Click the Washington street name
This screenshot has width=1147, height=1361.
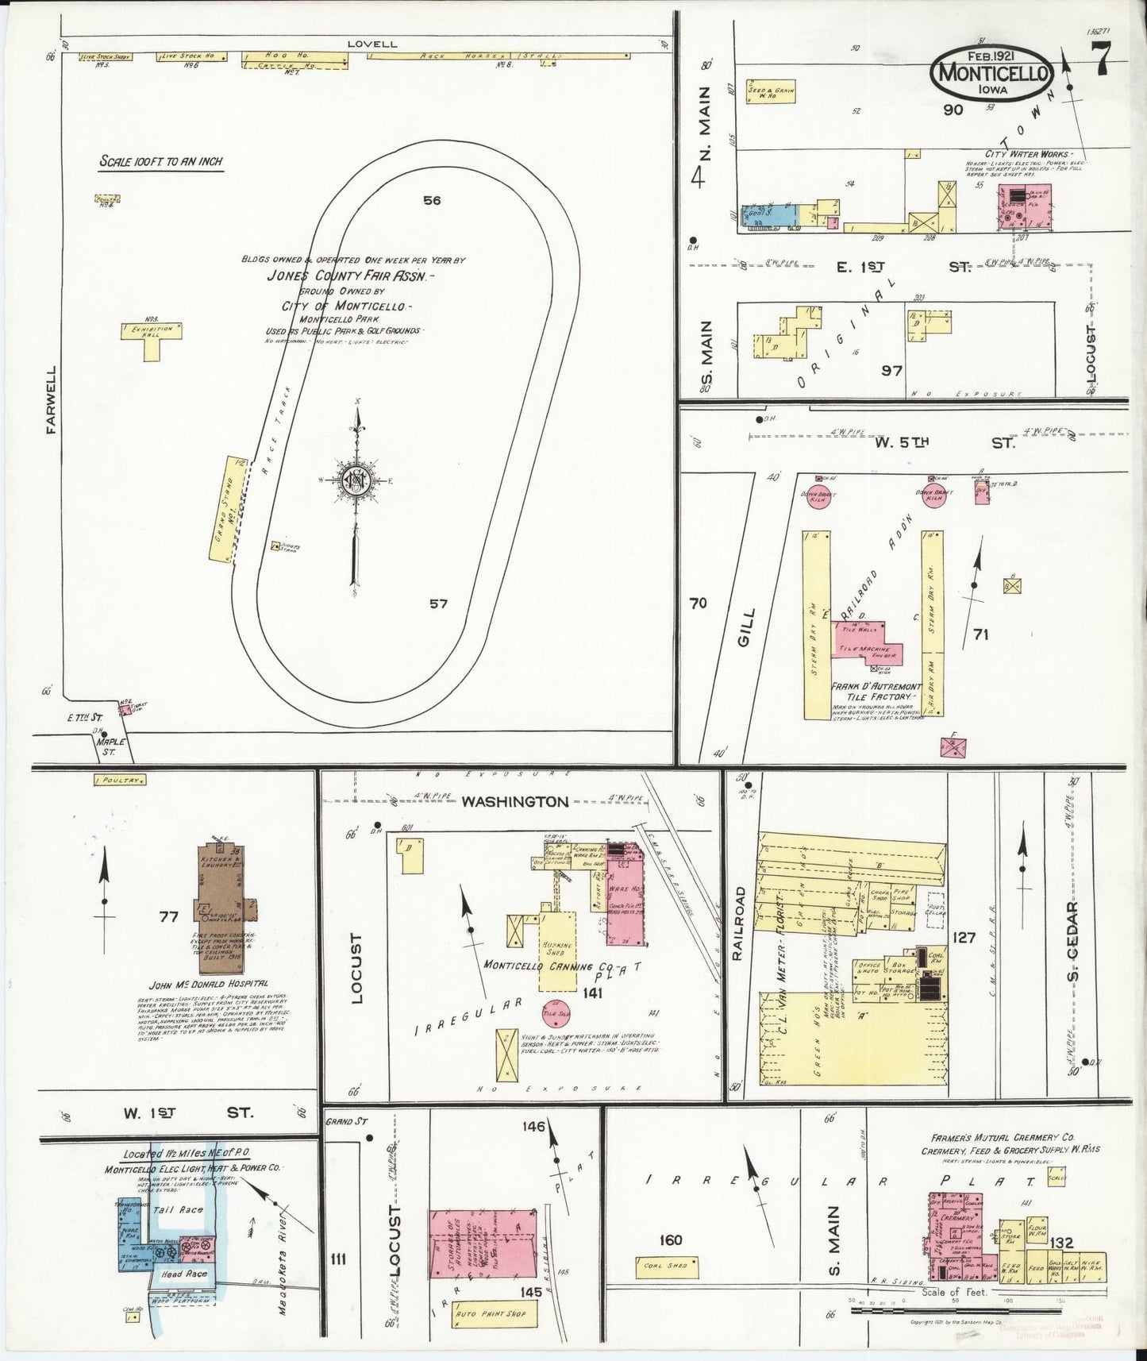(x=515, y=802)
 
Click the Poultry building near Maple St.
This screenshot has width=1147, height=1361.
(x=120, y=781)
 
